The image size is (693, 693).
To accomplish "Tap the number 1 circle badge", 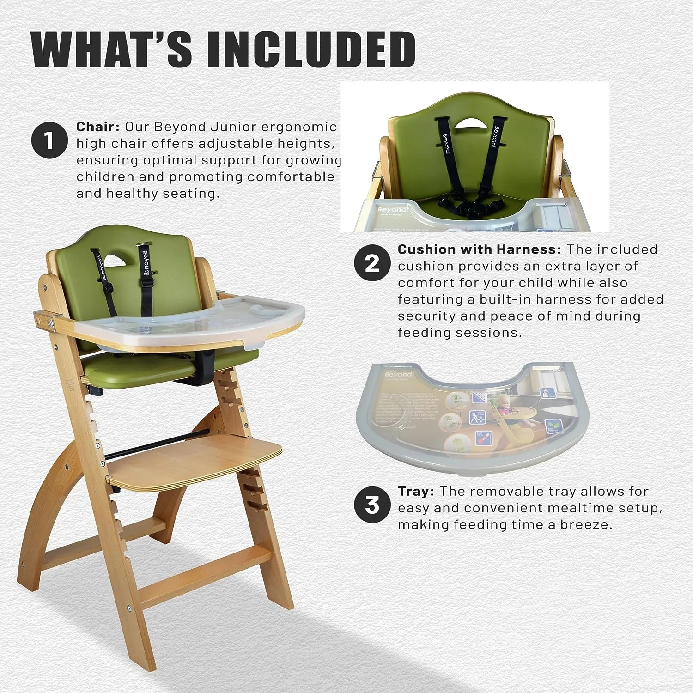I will coord(49,140).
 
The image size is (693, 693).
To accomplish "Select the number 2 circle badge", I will coord(372,262).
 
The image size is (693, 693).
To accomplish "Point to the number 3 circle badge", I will coord(372,505).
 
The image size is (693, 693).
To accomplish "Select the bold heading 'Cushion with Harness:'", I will coord(479,249).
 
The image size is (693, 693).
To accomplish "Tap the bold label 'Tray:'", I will coord(416,492).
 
